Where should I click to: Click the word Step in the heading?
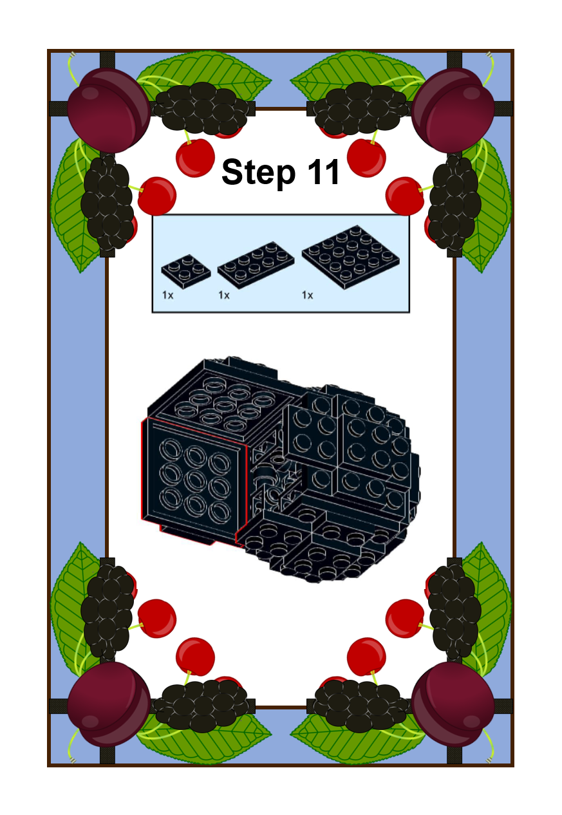click(x=258, y=172)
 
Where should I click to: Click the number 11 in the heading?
click(x=323, y=172)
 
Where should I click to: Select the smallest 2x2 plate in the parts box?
click(x=186, y=272)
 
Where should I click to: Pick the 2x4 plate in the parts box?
click(x=256, y=265)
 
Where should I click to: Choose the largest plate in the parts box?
click(x=351, y=257)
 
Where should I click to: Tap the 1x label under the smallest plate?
click(x=167, y=295)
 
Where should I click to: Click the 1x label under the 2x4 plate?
click(x=224, y=295)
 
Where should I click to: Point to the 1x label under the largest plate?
click(x=307, y=295)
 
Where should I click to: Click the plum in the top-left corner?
click(x=108, y=110)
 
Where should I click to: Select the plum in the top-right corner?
click(x=453, y=110)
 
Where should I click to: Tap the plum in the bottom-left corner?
click(x=108, y=704)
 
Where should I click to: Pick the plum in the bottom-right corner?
click(x=453, y=704)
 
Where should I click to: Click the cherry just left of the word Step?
click(x=195, y=158)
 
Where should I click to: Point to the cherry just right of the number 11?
click(x=366, y=158)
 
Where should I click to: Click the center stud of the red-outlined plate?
click(x=195, y=481)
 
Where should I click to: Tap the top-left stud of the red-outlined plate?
click(x=171, y=450)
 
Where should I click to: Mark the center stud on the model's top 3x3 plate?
click(x=225, y=403)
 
